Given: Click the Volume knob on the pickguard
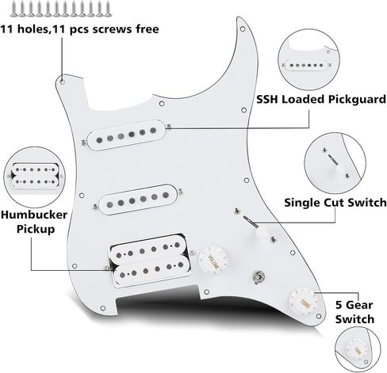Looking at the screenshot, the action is [213, 261].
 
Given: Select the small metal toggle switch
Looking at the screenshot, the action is [256, 277].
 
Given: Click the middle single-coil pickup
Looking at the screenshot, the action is [138, 200].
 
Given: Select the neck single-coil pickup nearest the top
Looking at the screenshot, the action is [126, 135].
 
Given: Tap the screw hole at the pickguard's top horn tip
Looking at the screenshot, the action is [243, 29].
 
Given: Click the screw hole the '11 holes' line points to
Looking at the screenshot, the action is [63, 82].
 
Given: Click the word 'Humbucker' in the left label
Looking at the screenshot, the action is [34, 215].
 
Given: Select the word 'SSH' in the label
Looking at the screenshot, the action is [267, 100].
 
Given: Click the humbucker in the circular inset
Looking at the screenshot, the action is [35, 176].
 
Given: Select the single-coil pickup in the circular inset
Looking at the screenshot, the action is [306, 65].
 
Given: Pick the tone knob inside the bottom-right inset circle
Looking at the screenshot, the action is [358, 350].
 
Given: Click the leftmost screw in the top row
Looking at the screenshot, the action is [14, 9].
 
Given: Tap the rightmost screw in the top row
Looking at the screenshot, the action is [108, 9].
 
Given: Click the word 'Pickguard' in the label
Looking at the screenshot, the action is [357, 100].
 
